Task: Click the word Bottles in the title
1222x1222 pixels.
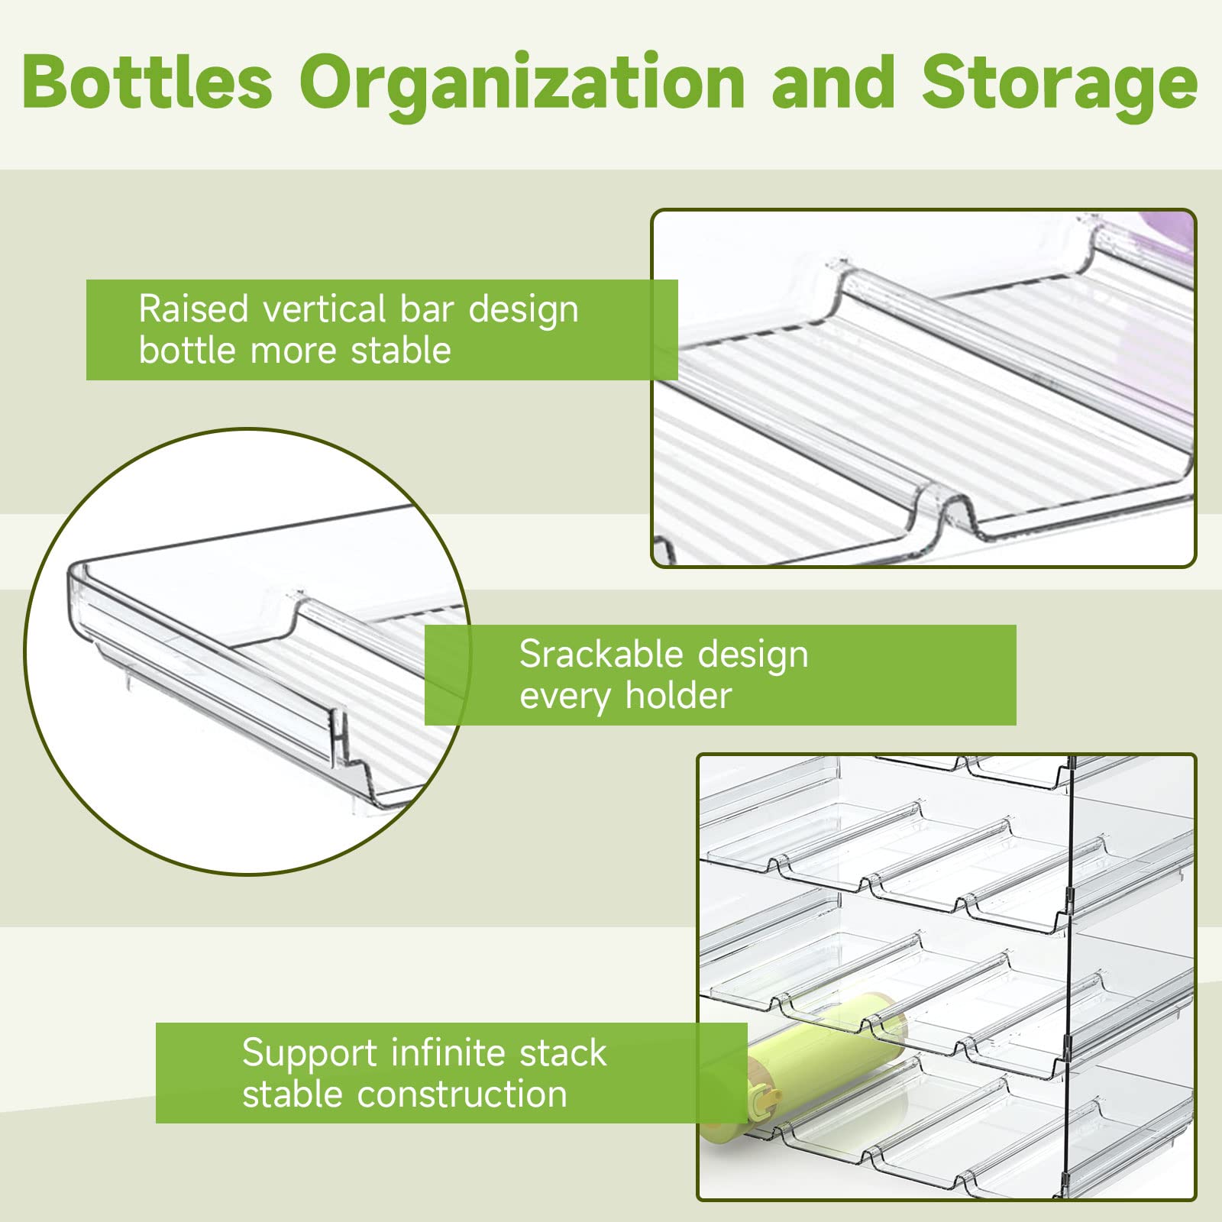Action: (x=147, y=82)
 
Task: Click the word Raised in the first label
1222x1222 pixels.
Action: (x=194, y=310)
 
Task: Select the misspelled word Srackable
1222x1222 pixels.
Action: (x=600, y=655)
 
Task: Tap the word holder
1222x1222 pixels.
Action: (x=678, y=696)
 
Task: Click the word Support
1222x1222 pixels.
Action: (x=309, y=1053)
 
